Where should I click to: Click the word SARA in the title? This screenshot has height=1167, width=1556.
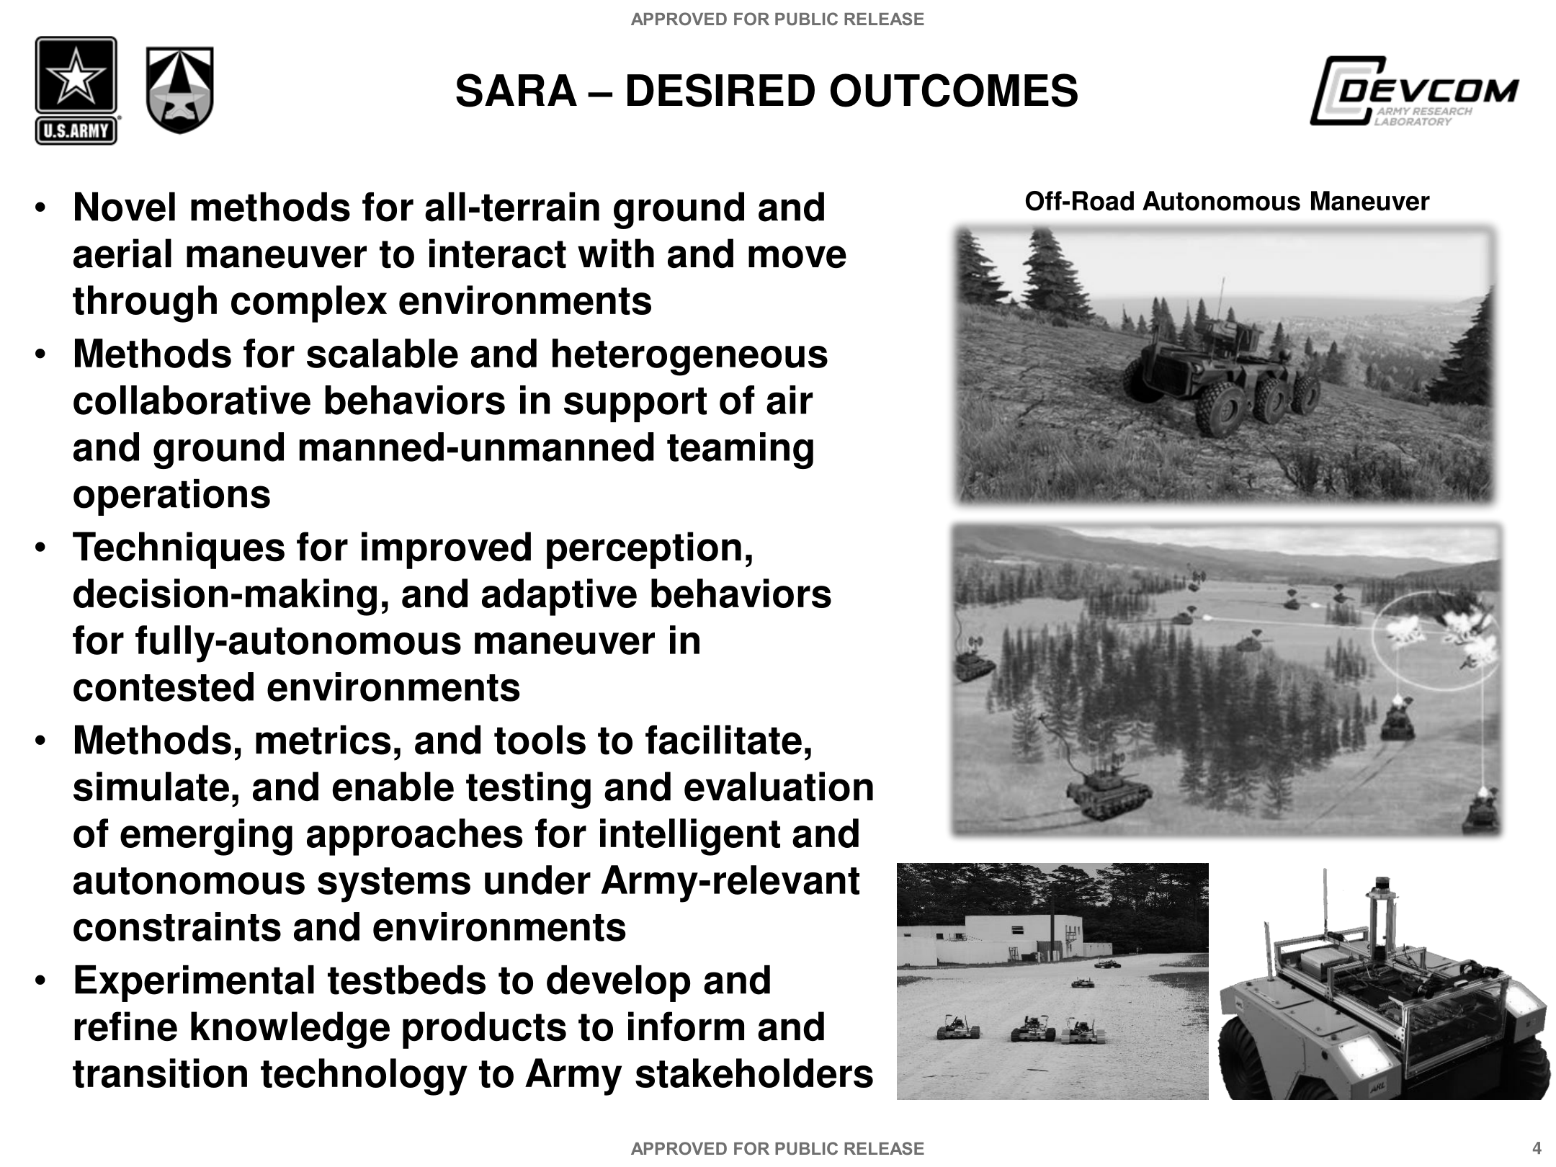[x=516, y=91]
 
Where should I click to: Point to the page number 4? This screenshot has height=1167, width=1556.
[x=1537, y=1148]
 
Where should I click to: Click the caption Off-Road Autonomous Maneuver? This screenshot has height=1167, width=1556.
[x=1226, y=202]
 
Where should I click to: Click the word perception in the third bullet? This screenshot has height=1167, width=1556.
[x=648, y=547]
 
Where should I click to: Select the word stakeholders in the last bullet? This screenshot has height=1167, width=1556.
[x=754, y=1074]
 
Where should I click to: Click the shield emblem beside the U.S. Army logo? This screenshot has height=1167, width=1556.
[x=179, y=90]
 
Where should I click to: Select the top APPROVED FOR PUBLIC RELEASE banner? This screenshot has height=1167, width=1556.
[x=777, y=19]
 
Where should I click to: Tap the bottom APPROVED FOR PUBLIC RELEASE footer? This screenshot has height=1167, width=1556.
[x=777, y=1148]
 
